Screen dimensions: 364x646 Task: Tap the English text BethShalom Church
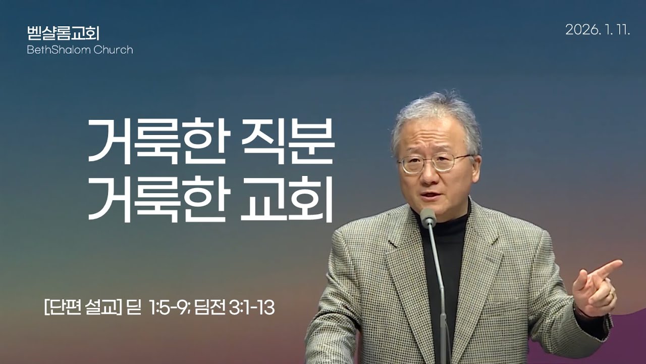[x=80, y=50]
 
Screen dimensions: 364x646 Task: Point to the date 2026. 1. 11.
[x=598, y=30]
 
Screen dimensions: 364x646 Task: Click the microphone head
[x=428, y=217]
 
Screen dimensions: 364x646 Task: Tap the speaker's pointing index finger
[x=608, y=268]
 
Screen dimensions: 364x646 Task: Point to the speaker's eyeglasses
[x=435, y=163]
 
